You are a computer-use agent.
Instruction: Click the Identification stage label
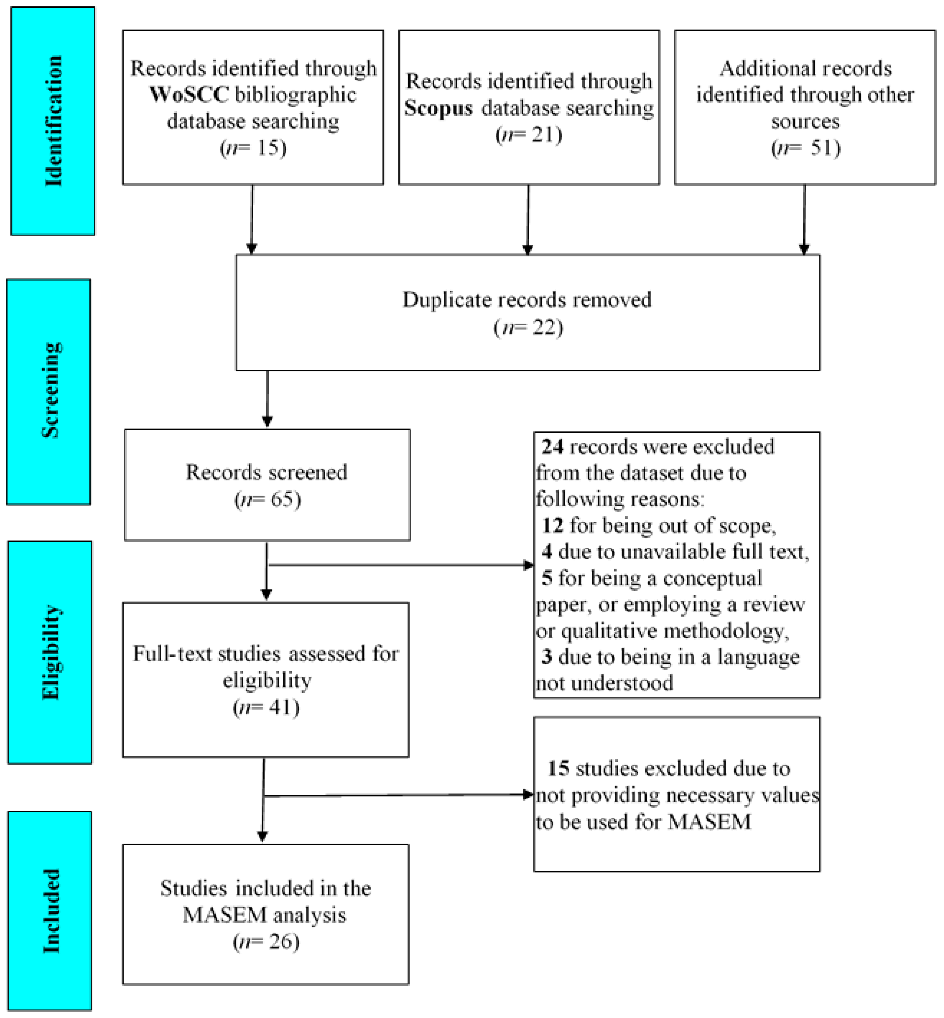pos(53,121)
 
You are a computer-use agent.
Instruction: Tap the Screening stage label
pos(50,391)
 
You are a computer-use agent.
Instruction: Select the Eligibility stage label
pos(50,652)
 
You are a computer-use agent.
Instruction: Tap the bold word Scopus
pos(438,108)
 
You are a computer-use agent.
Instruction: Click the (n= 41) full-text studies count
pos(266,707)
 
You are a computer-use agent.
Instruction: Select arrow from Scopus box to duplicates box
pos(528,220)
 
